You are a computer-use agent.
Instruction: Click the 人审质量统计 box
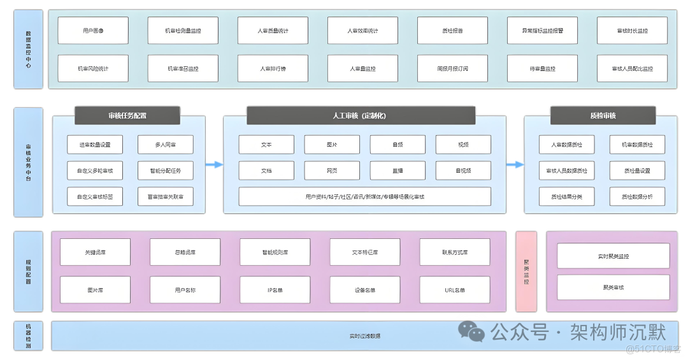[273, 31]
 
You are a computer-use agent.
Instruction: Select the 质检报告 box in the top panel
[452, 31]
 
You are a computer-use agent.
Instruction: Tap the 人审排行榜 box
[273, 69]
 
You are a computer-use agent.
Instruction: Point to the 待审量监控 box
[542, 69]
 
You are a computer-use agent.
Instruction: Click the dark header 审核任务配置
[127, 115]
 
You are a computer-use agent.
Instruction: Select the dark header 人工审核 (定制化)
[361, 115]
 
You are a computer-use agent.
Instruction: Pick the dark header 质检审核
[603, 115]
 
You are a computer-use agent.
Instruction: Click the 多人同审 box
[165, 145]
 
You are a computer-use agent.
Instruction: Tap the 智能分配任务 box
[165, 170]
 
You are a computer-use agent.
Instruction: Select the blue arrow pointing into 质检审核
[515, 164]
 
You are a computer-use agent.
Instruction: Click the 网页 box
[331, 170]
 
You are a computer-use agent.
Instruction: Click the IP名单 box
[275, 290]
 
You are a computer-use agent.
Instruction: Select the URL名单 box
[455, 290]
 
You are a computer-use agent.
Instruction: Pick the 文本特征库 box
[364, 252]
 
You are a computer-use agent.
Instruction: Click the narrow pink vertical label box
[526, 271]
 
